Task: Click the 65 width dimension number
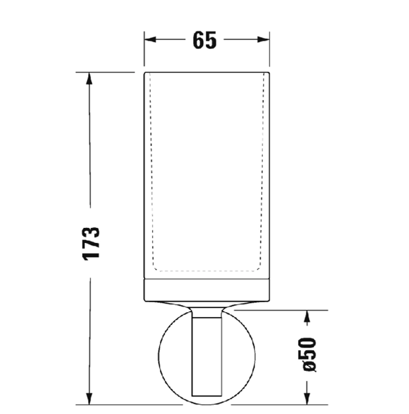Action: pos(204,40)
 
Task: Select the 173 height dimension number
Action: pos(91,243)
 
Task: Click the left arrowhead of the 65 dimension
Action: pos(150,40)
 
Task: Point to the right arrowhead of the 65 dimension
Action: pos(264,40)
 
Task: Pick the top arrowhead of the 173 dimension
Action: pos(89,78)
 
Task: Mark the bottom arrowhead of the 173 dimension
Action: pos(89,398)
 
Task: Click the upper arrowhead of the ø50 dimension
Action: pos(306,316)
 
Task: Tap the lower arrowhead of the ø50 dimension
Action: pos(306,398)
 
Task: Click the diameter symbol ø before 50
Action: pos(308,367)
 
